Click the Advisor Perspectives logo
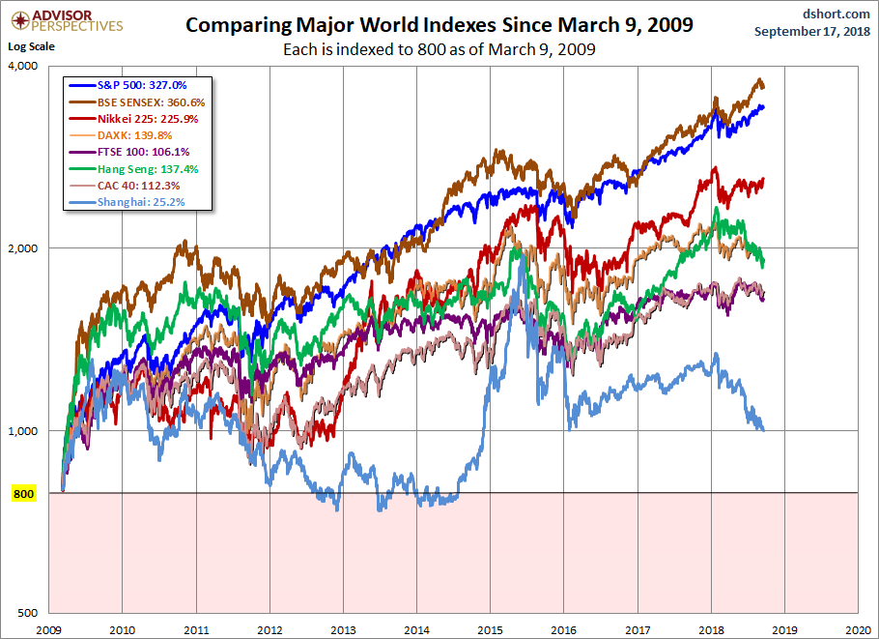pyautogui.click(x=65, y=20)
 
